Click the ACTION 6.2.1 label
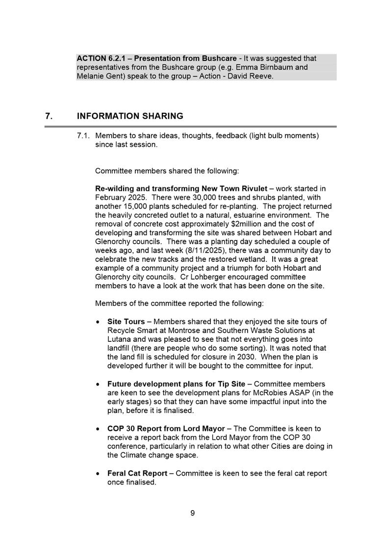click(100, 58)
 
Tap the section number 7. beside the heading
click(49, 116)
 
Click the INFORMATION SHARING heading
click(130, 116)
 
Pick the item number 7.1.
click(84, 135)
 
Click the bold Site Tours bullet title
click(126, 322)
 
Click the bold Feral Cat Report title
click(137, 473)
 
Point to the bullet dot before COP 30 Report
click(99, 429)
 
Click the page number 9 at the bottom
click(193, 513)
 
